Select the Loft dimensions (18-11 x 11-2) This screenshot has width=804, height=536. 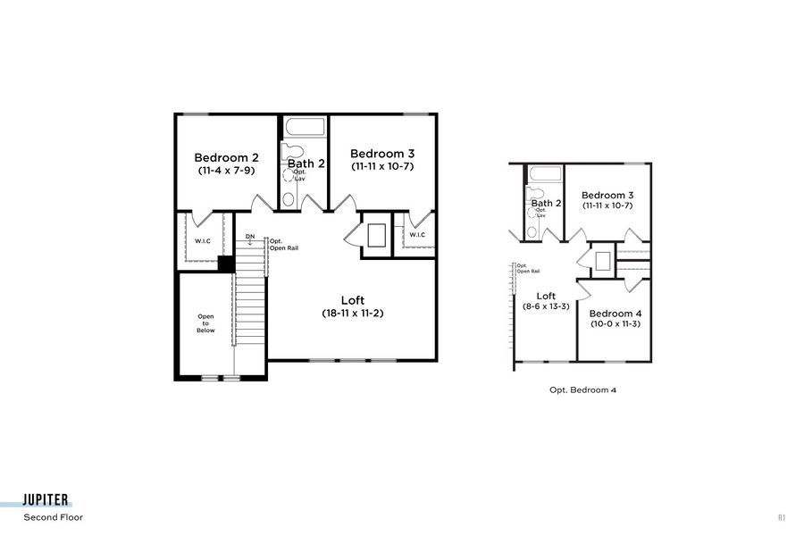353,314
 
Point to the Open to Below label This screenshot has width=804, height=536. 206,323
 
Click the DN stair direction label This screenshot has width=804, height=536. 250,237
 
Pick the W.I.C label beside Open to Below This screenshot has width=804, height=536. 203,241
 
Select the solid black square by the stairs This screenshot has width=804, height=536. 226,264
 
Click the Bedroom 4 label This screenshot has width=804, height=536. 616,314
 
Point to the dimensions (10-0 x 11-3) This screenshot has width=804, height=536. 616,324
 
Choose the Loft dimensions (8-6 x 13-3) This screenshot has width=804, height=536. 546,307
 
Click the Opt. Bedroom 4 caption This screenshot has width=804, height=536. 582,390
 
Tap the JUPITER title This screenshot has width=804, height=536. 47,501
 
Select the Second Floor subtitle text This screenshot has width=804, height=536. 53,517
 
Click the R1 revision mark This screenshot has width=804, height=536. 782,517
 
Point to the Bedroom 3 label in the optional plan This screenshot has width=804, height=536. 607,196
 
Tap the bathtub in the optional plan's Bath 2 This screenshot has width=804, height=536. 544,174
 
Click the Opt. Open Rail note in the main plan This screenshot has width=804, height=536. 284,244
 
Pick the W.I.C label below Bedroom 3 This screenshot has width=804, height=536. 417,235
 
